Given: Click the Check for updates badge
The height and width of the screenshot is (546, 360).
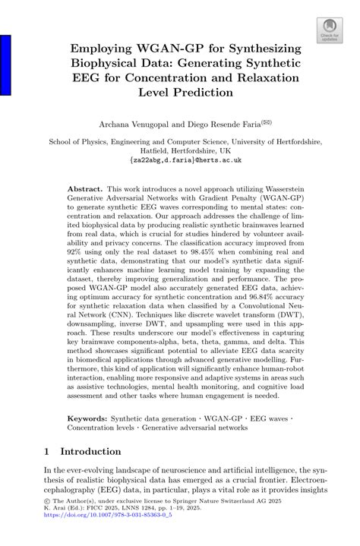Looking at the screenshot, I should (x=329, y=28).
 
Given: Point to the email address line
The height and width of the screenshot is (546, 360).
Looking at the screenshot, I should (x=180, y=162).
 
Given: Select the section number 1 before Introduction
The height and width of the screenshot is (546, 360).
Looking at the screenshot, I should (x=47, y=451).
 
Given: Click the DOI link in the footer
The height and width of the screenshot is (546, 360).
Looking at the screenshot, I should (x=106, y=535).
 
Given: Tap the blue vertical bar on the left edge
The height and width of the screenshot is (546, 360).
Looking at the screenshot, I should (x=5, y=65).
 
